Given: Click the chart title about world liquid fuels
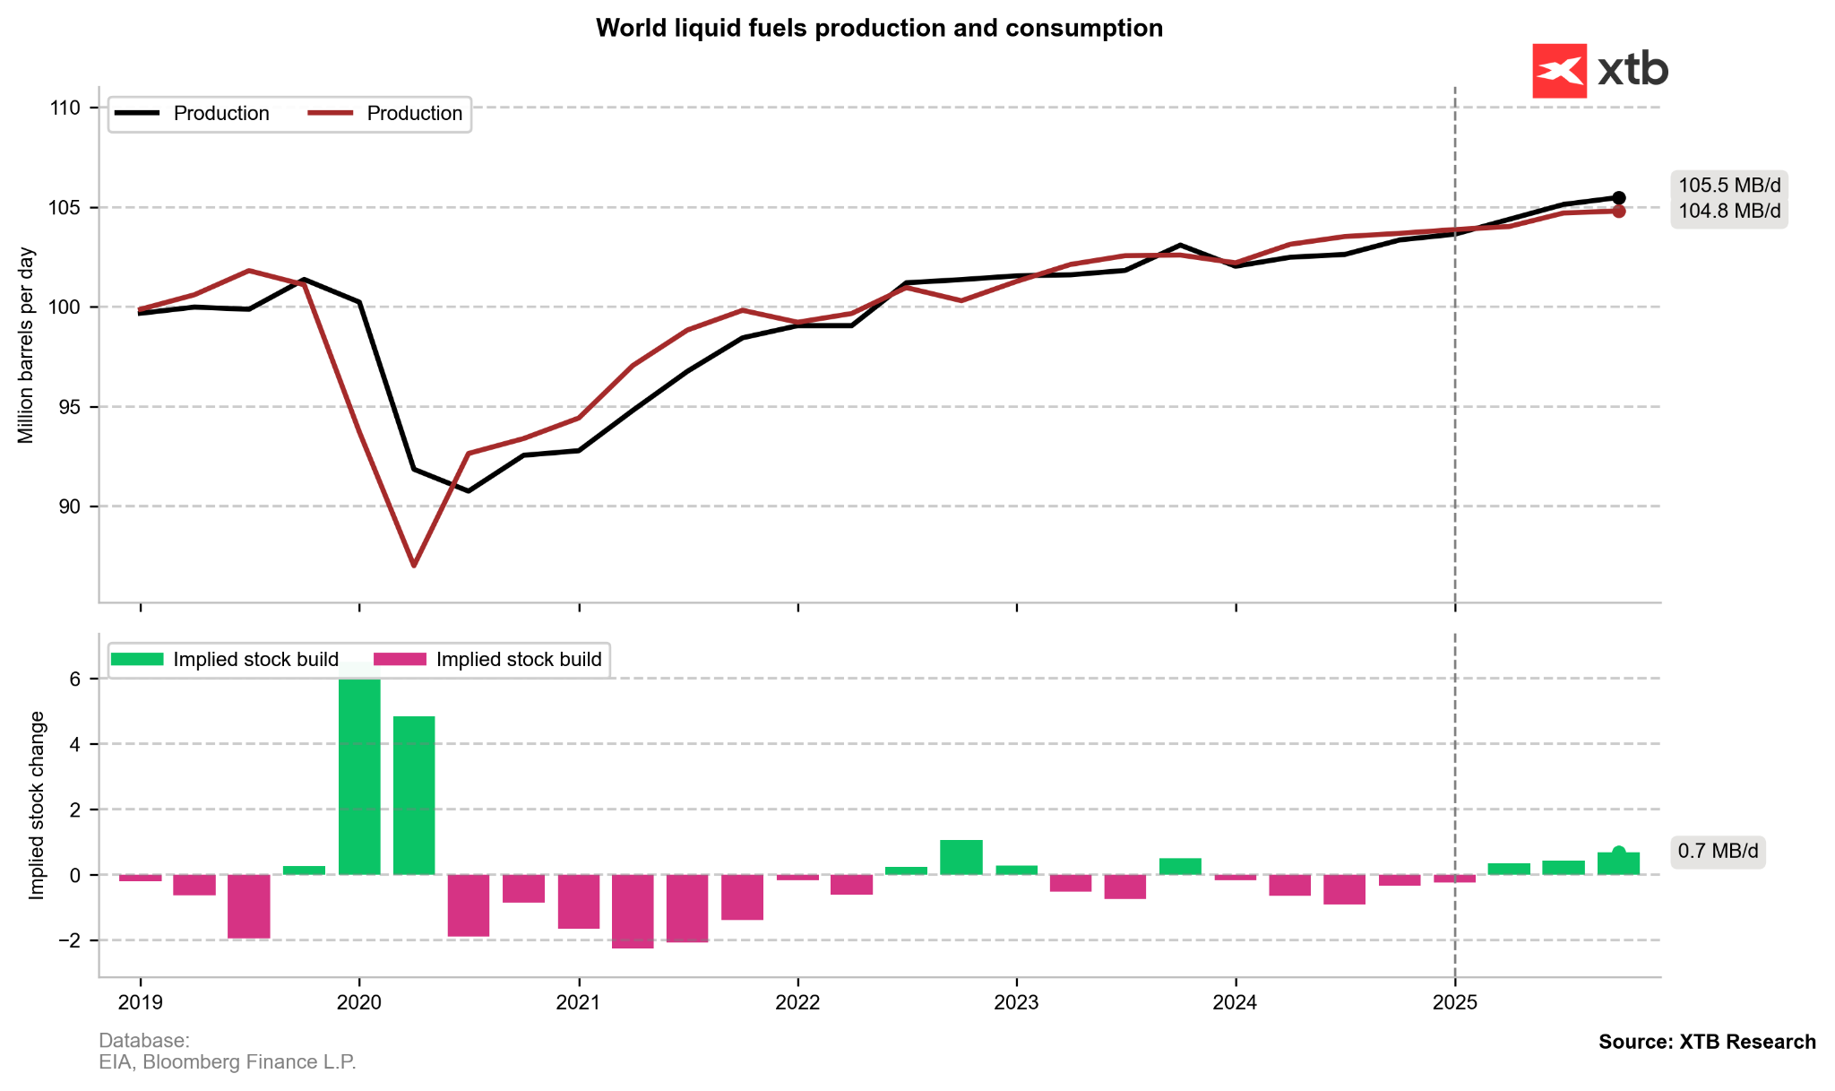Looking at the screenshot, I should click(x=879, y=29).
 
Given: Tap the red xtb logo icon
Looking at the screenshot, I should click(x=1559, y=71).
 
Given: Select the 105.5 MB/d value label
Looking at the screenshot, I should click(x=1729, y=186).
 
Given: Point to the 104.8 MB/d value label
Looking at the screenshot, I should click(x=1729, y=212).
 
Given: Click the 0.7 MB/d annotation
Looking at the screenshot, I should click(x=1718, y=851).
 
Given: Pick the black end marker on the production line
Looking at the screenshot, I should click(x=1619, y=198).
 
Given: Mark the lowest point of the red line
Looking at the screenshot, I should click(x=414, y=566).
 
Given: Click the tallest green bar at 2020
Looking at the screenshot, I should click(x=359, y=771).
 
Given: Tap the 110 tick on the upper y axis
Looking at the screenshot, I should click(x=65, y=108).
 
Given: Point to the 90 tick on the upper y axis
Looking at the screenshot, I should click(x=68, y=507).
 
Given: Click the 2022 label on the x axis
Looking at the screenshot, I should click(x=797, y=1002).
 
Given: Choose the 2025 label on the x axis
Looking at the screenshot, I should click(x=1455, y=1002).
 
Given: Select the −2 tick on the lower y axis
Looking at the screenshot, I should click(x=65, y=940).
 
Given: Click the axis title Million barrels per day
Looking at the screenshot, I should click(x=26, y=345).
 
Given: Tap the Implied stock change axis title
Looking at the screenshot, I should click(x=37, y=805).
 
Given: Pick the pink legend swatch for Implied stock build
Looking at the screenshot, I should click(x=400, y=660).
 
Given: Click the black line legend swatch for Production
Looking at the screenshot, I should click(x=137, y=114).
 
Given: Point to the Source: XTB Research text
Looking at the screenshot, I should click(x=1707, y=1042).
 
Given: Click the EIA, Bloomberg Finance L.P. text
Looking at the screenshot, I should click(x=228, y=1062).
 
